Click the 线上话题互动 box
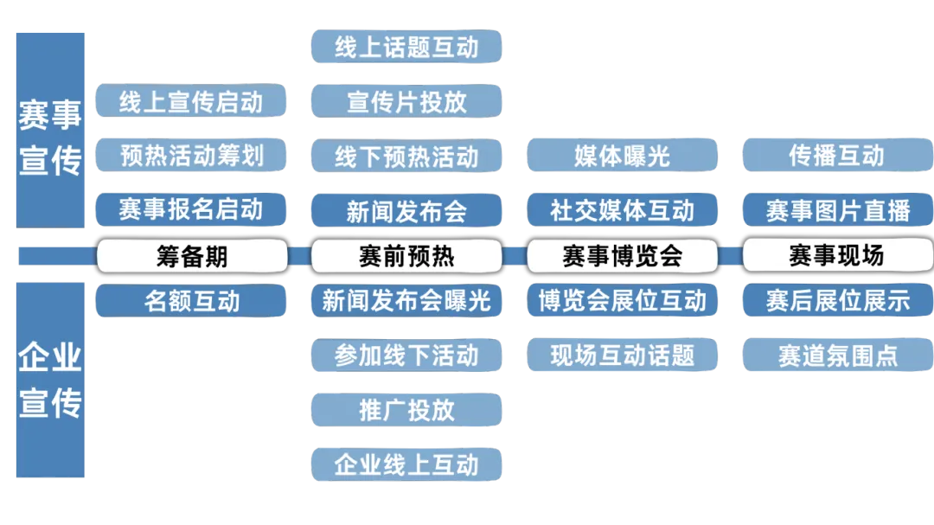pos(406,47)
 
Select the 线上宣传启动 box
pos(191,101)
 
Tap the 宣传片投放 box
pos(406,101)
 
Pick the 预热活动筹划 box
pos(191,156)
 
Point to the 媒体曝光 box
pos(622,156)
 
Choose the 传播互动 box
pos(837,156)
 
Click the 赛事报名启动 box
pos(191,209)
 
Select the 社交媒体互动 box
pos(622,209)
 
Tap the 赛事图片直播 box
pos(837,209)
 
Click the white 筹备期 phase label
pos(191,255)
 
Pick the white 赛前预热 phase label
pos(406,255)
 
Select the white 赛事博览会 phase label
pos(622,255)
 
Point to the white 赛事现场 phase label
pos(837,255)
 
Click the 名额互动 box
pos(191,301)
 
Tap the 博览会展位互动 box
pos(622,301)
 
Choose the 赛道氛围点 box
pos(837,355)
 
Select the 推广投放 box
pos(406,409)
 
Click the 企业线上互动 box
pos(406,464)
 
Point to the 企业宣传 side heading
pos(51,381)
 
